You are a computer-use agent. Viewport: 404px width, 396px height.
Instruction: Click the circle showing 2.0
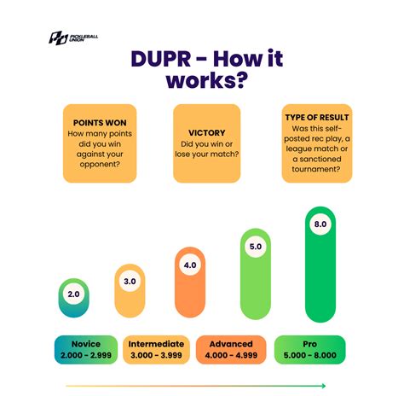click(x=73, y=294)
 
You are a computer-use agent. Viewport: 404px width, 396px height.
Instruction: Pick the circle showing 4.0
click(x=189, y=265)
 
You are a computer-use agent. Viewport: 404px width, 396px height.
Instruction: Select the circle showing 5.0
click(x=254, y=248)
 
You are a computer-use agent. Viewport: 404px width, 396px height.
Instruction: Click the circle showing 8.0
click(x=320, y=224)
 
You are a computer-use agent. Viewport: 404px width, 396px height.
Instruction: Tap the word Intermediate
click(x=158, y=344)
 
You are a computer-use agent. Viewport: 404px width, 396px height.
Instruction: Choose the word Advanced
click(x=229, y=344)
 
